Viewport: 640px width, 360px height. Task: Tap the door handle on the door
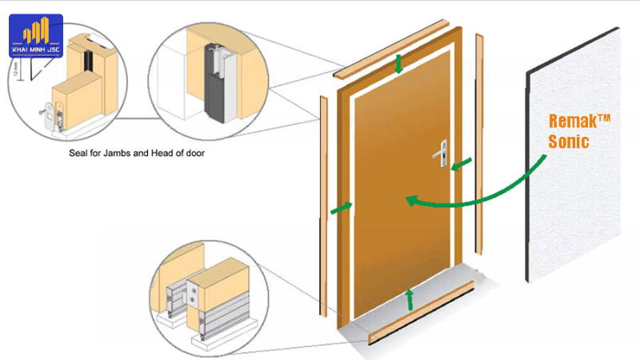(441, 152)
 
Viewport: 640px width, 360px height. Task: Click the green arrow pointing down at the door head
(398, 65)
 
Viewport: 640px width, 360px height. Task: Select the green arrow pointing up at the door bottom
(410, 299)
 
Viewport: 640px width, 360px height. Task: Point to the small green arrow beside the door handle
(460, 165)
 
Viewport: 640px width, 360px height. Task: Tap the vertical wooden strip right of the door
(480, 136)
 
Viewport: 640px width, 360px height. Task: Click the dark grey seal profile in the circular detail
(214, 88)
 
